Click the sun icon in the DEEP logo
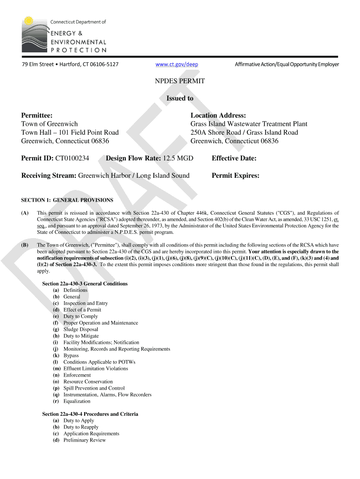point(29,21)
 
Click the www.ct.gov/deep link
point(180,64)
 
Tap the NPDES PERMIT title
point(180,81)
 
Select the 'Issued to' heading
point(180,98)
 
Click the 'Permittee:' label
point(37,116)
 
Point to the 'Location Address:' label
point(218,116)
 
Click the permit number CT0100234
point(72,158)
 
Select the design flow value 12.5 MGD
point(178,158)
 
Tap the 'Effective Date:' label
point(234,158)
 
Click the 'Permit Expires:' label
point(235,175)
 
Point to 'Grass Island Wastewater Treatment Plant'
point(249,124)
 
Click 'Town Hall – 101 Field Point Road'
point(70,132)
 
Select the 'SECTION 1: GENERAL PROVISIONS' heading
point(67,200)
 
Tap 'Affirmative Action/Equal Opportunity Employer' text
point(287,64)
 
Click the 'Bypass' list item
point(71,356)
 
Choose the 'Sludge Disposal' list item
point(81,329)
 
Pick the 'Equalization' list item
point(77,401)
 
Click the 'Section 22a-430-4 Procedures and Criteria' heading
point(90,414)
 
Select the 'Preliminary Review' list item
point(85,440)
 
